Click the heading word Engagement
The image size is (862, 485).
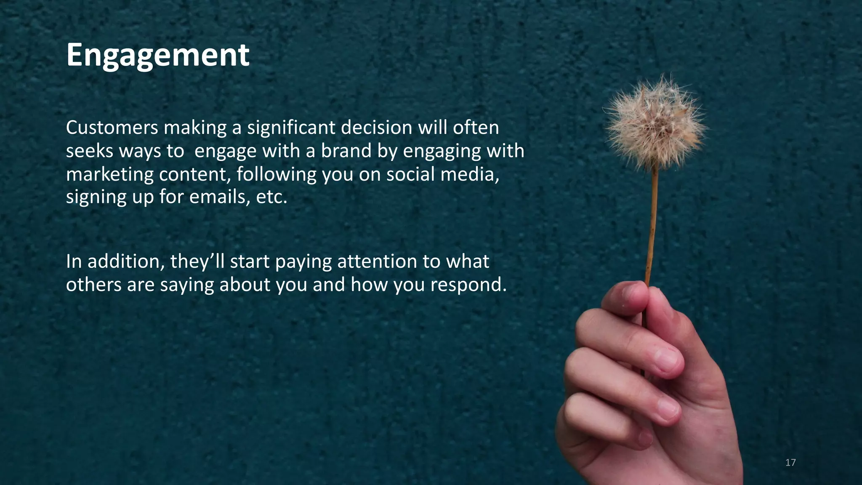[x=158, y=56]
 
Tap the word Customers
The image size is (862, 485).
[x=112, y=128]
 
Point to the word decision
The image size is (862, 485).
[x=376, y=128]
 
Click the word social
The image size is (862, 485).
[x=410, y=174]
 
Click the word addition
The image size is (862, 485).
[x=126, y=261]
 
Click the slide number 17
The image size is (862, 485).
[x=790, y=463]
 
